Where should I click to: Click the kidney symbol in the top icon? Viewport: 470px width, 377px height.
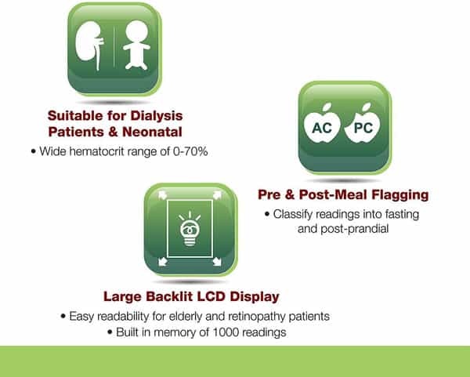click(x=89, y=45)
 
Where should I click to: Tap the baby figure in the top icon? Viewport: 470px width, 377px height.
click(x=136, y=45)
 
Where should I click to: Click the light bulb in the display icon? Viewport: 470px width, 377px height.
click(x=190, y=229)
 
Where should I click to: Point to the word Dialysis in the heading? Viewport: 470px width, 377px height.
click(x=157, y=116)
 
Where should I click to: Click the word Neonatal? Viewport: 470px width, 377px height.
click(x=152, y=132)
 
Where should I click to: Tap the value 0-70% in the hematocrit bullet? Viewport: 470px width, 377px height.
click(x=190, y=151)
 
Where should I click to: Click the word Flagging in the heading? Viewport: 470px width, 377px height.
click(x=400, y=195)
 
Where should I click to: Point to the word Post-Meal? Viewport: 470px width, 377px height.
click(x=333, y=194)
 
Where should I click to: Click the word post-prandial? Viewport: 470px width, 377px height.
click(x=355, y=229)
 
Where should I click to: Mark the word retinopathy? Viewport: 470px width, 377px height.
click(x=257, y=317)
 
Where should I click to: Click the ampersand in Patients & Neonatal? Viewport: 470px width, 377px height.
click(x=113, y=132)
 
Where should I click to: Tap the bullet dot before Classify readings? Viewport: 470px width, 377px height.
click(x=267, y=215)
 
